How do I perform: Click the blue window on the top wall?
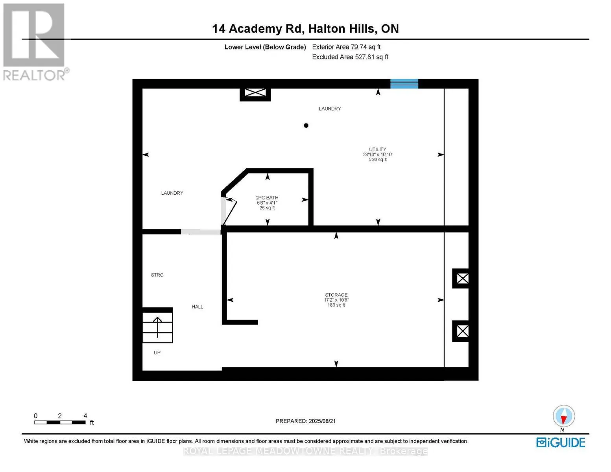(404, 83)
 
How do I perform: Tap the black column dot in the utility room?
(306, 125)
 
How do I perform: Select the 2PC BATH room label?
(267, 198)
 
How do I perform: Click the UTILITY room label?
(378, 149)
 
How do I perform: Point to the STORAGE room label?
(336, 295)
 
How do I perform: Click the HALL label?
(198, 307)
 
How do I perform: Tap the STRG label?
(157, 275)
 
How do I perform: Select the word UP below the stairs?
(157, 352)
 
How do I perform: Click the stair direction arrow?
(157, 326)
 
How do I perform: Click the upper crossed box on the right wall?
(462, 278)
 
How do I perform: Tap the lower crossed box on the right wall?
(462, 331)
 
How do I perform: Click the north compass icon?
(564, 416)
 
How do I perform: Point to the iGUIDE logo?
(561, 442)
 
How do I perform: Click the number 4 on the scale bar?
(85, 416)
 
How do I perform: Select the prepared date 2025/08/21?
(322, 421)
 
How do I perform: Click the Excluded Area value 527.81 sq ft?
(363, 57)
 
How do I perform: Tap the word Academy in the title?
(255, 29)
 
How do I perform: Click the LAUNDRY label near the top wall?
(330, 109)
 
